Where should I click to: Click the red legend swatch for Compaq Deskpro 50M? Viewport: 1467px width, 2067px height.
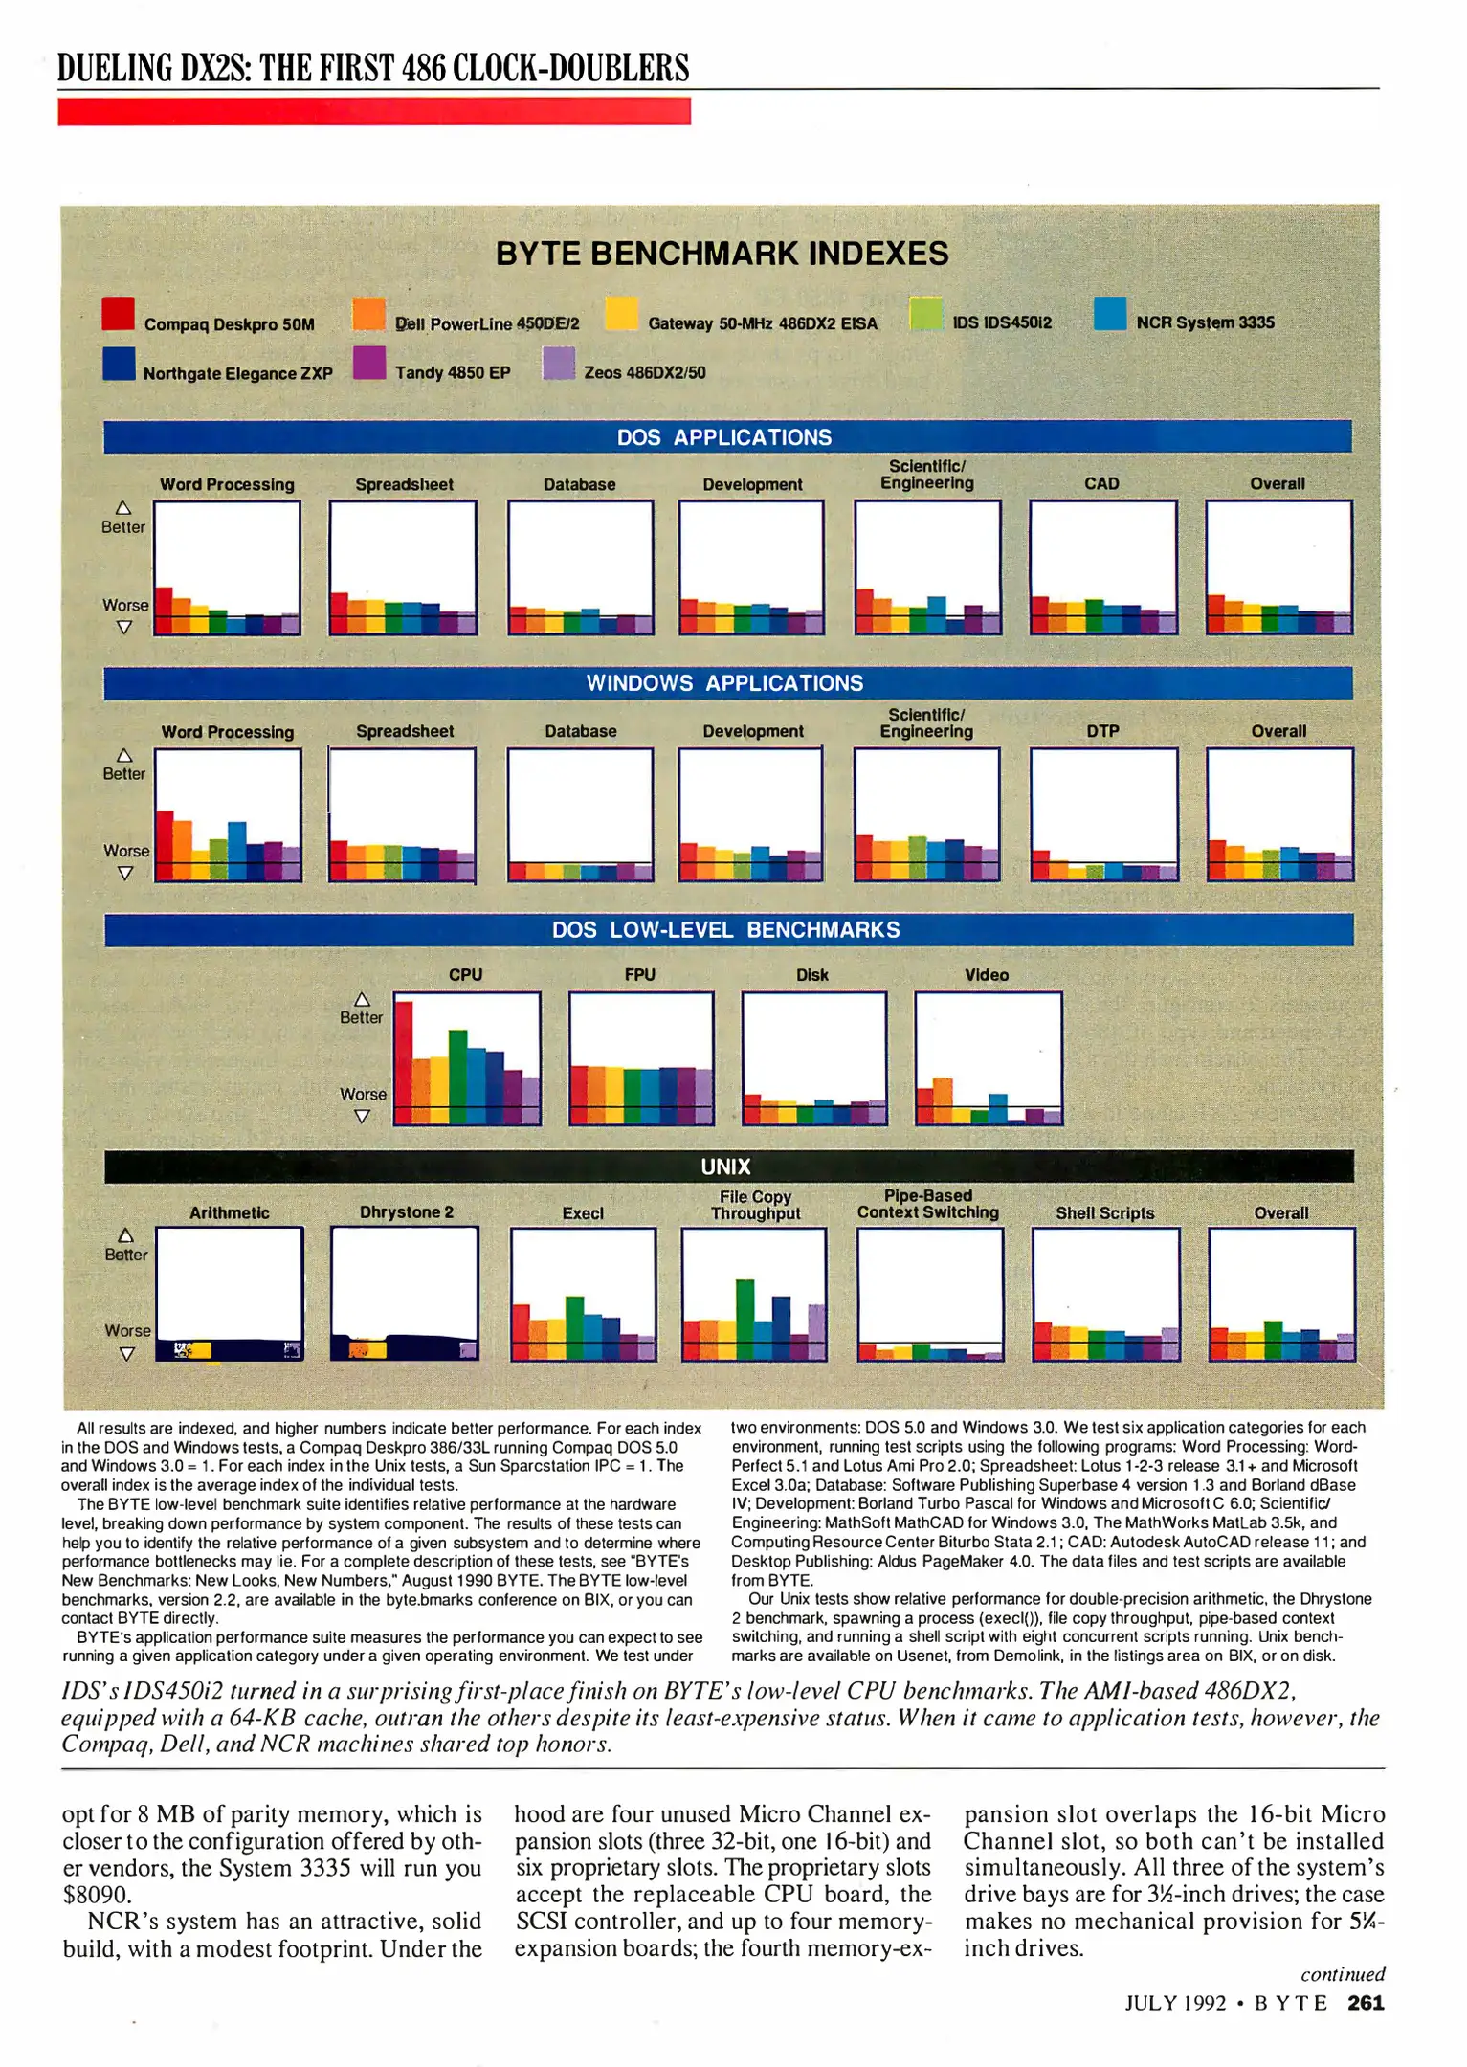pyautogui.click(x=119, y=314)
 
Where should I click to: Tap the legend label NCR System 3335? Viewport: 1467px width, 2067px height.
pyautogui.click(x=1204, y=322)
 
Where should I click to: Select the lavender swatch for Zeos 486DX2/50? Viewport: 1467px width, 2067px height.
pyautogui.click(x=558, y=364)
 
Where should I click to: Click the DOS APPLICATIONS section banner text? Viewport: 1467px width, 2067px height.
pyautogui.click(x=723, y=437)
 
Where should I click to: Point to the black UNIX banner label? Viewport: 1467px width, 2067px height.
pyautogui.click(x=725, y=1167)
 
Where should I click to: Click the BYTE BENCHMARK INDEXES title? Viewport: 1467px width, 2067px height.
pyautogui.click(x=722, y=254)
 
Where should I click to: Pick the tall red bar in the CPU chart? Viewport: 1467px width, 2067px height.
pyautogui.click(x=404, y=1062)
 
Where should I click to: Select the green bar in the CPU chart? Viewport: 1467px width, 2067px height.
pyautogui.click(x=457, y=1077)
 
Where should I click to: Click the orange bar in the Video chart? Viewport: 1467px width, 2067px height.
pyautogui.click(x=943, y=1100)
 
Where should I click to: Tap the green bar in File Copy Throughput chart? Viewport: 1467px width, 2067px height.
pyautogui.click(x=745, y=1320)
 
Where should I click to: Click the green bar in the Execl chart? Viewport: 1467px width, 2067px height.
pyautogui.click(x=574, y=1327)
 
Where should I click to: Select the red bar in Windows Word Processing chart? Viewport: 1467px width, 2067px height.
pyautogui.click(x=165, y=846)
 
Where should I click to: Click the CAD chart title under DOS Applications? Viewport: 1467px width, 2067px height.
pyautogui.click(x=1100, y=484)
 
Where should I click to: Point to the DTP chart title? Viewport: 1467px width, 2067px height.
pyautogui.click(x=1102, y=731)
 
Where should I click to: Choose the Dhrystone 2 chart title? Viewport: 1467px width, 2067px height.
pyautogui.click(x=405, y=1212)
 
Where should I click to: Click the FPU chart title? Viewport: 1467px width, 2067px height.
pyautogui.click(x=639, y=975)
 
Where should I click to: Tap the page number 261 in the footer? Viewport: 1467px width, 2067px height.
pyautogui.click(x=1366, y=2003)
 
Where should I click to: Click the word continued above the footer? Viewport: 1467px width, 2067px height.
pyautogui.click(x=1342, y=1974)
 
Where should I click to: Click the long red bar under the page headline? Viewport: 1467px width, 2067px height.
pyautogui.click(x=373, y=112)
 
